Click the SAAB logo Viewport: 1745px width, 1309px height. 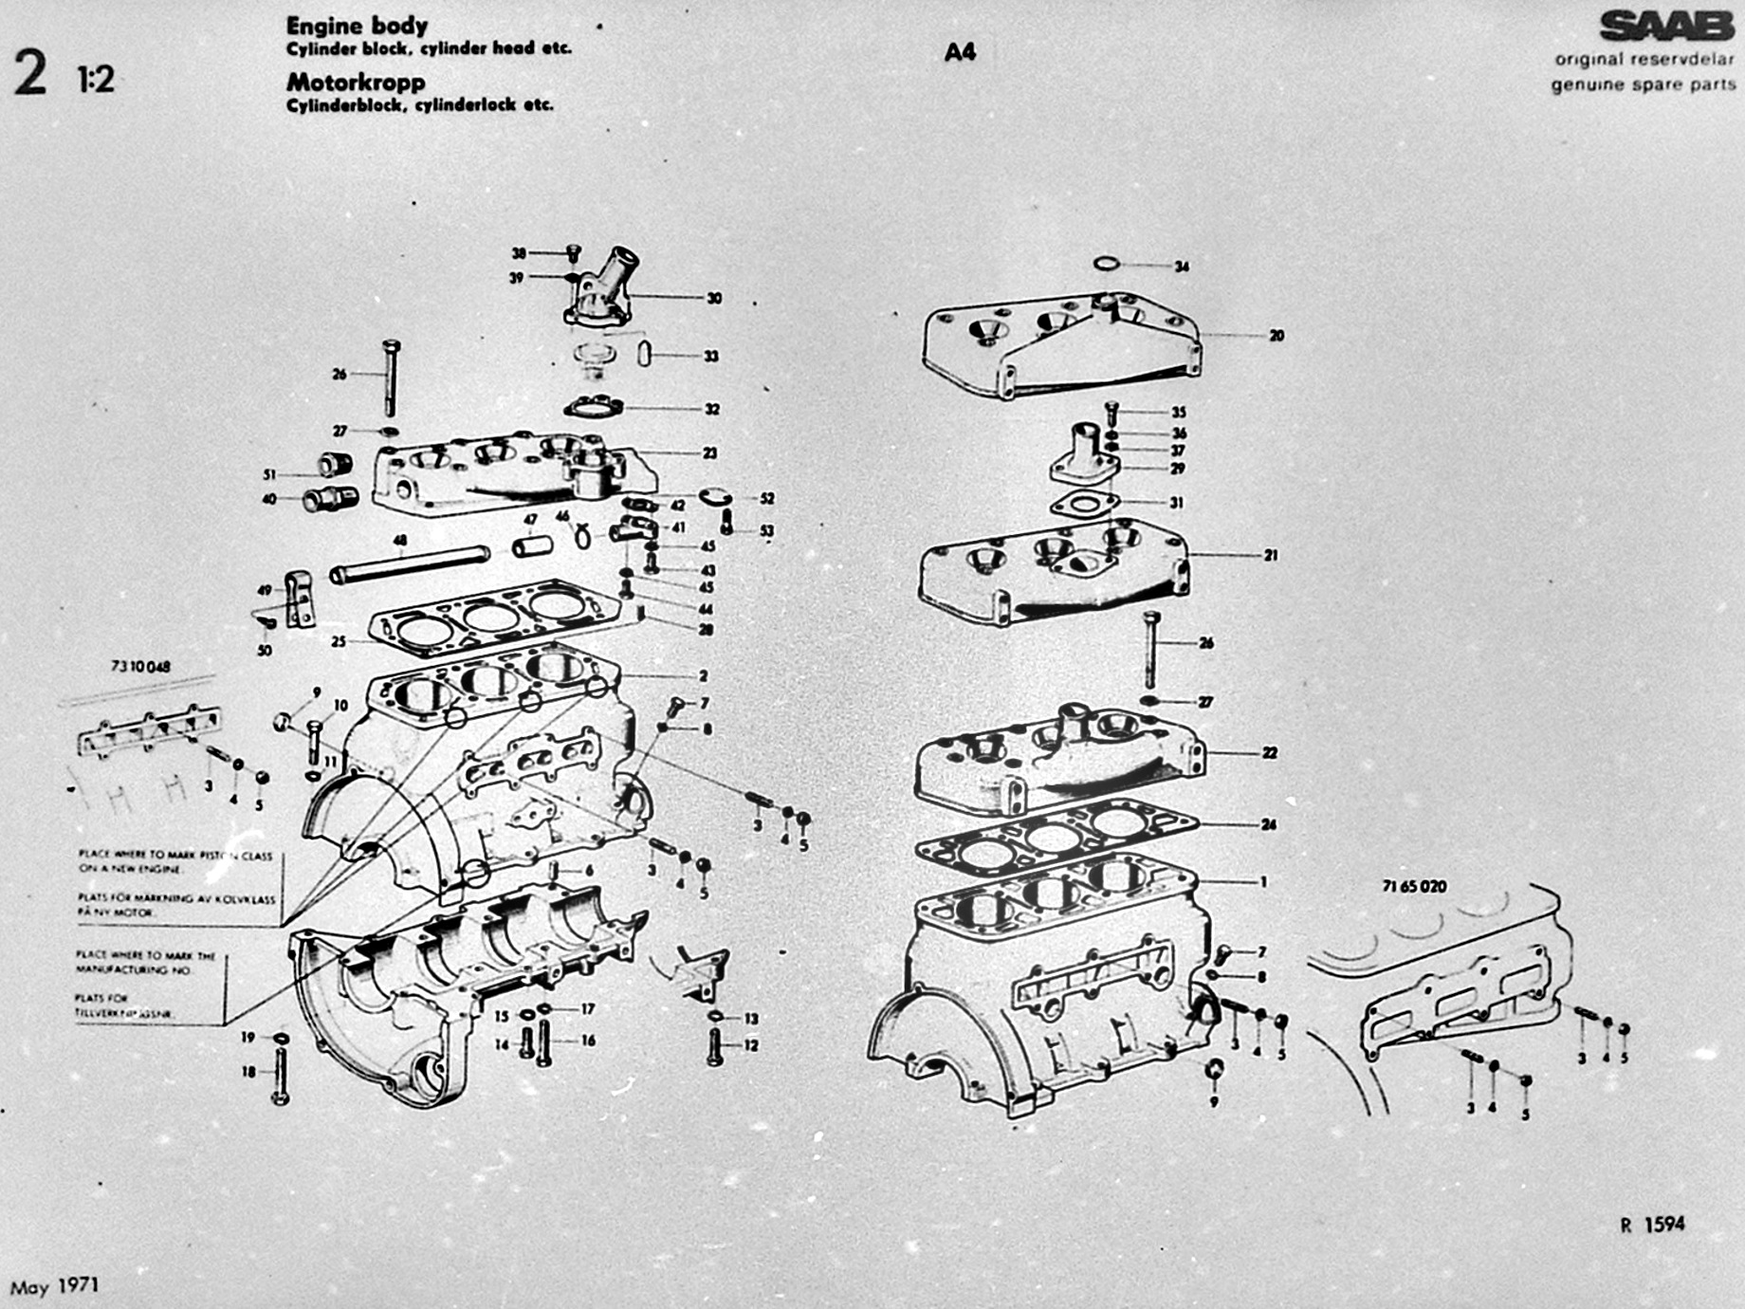(1666, 27)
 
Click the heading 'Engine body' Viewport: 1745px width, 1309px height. (357, 25)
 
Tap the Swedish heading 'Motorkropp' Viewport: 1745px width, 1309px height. (356, 83)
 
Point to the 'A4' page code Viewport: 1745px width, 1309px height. (960, 52)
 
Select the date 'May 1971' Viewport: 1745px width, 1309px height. (54, 1287)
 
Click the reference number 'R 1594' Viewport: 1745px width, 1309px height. (1652, 1225)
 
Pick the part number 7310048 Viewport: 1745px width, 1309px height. (140, 667)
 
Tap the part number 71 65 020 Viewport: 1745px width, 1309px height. (1414, 886)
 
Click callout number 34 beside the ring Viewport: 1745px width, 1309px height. (1181, 267)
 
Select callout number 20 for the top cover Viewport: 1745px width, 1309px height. (1276, 335)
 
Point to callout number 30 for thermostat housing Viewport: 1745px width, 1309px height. (713, 298)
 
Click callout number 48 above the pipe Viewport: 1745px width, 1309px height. (400, 541)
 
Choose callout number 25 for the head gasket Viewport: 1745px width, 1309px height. (339, 642)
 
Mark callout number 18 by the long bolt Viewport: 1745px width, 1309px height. (248, 1072)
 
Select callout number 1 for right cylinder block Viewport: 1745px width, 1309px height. (1263, 881)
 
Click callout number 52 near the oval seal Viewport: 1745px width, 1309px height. (766, 499)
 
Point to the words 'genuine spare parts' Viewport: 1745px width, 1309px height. (1643, 84)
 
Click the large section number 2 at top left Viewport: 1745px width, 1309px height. (30, 74)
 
